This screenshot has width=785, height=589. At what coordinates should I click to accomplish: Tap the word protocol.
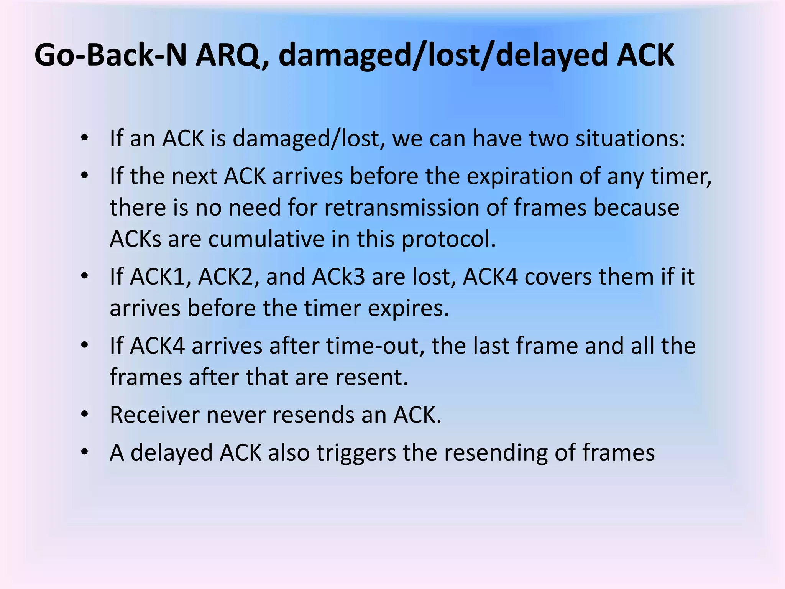pyautogui.click(x=448, y=239)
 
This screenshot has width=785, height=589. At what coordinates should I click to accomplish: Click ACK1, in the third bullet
pyautogui.click(x=161, y=277)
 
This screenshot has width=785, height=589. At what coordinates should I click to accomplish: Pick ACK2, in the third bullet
pyautogui.click(x=228, y=277)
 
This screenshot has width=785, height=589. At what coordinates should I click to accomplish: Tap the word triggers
pyautogui.click(x=356, y=452)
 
